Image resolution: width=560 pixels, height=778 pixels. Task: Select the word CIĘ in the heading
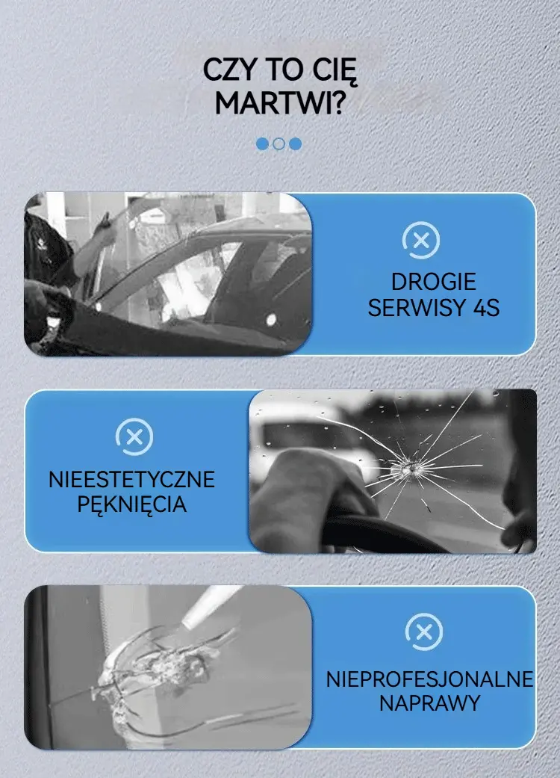click(335, 70)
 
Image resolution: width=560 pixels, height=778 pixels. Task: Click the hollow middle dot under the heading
click(279, 144)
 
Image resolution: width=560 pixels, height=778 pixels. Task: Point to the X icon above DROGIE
click(420, 241)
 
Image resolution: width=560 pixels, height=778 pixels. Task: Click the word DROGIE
click(434, 282)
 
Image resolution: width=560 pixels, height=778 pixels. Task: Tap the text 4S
click(486, 308)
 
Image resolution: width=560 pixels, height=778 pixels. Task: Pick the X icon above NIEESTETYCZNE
click(134, 437)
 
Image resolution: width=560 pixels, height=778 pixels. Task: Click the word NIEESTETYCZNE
click(132, 480)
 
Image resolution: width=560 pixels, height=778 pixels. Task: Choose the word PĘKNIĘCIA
click(132, 504)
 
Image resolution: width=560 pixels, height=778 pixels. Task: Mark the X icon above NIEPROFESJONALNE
click(423, 632)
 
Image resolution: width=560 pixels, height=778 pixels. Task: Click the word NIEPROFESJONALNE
click(429, 679)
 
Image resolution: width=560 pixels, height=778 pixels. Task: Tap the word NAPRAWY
click(429, 703)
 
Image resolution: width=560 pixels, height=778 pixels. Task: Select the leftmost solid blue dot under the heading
click(262, 144)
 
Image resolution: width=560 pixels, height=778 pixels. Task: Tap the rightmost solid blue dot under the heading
click(296, 144)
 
